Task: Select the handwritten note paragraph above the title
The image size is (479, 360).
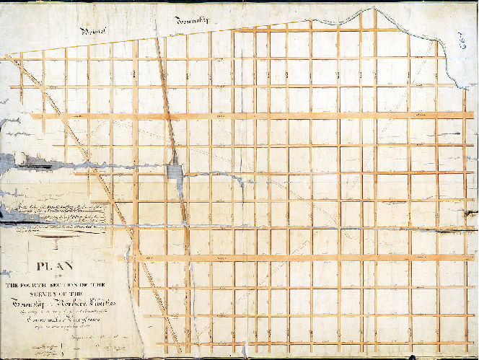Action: pyautogui.click(x=54, y=211)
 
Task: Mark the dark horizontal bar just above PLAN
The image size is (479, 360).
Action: pyautogui.click(x=55, y=240)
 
